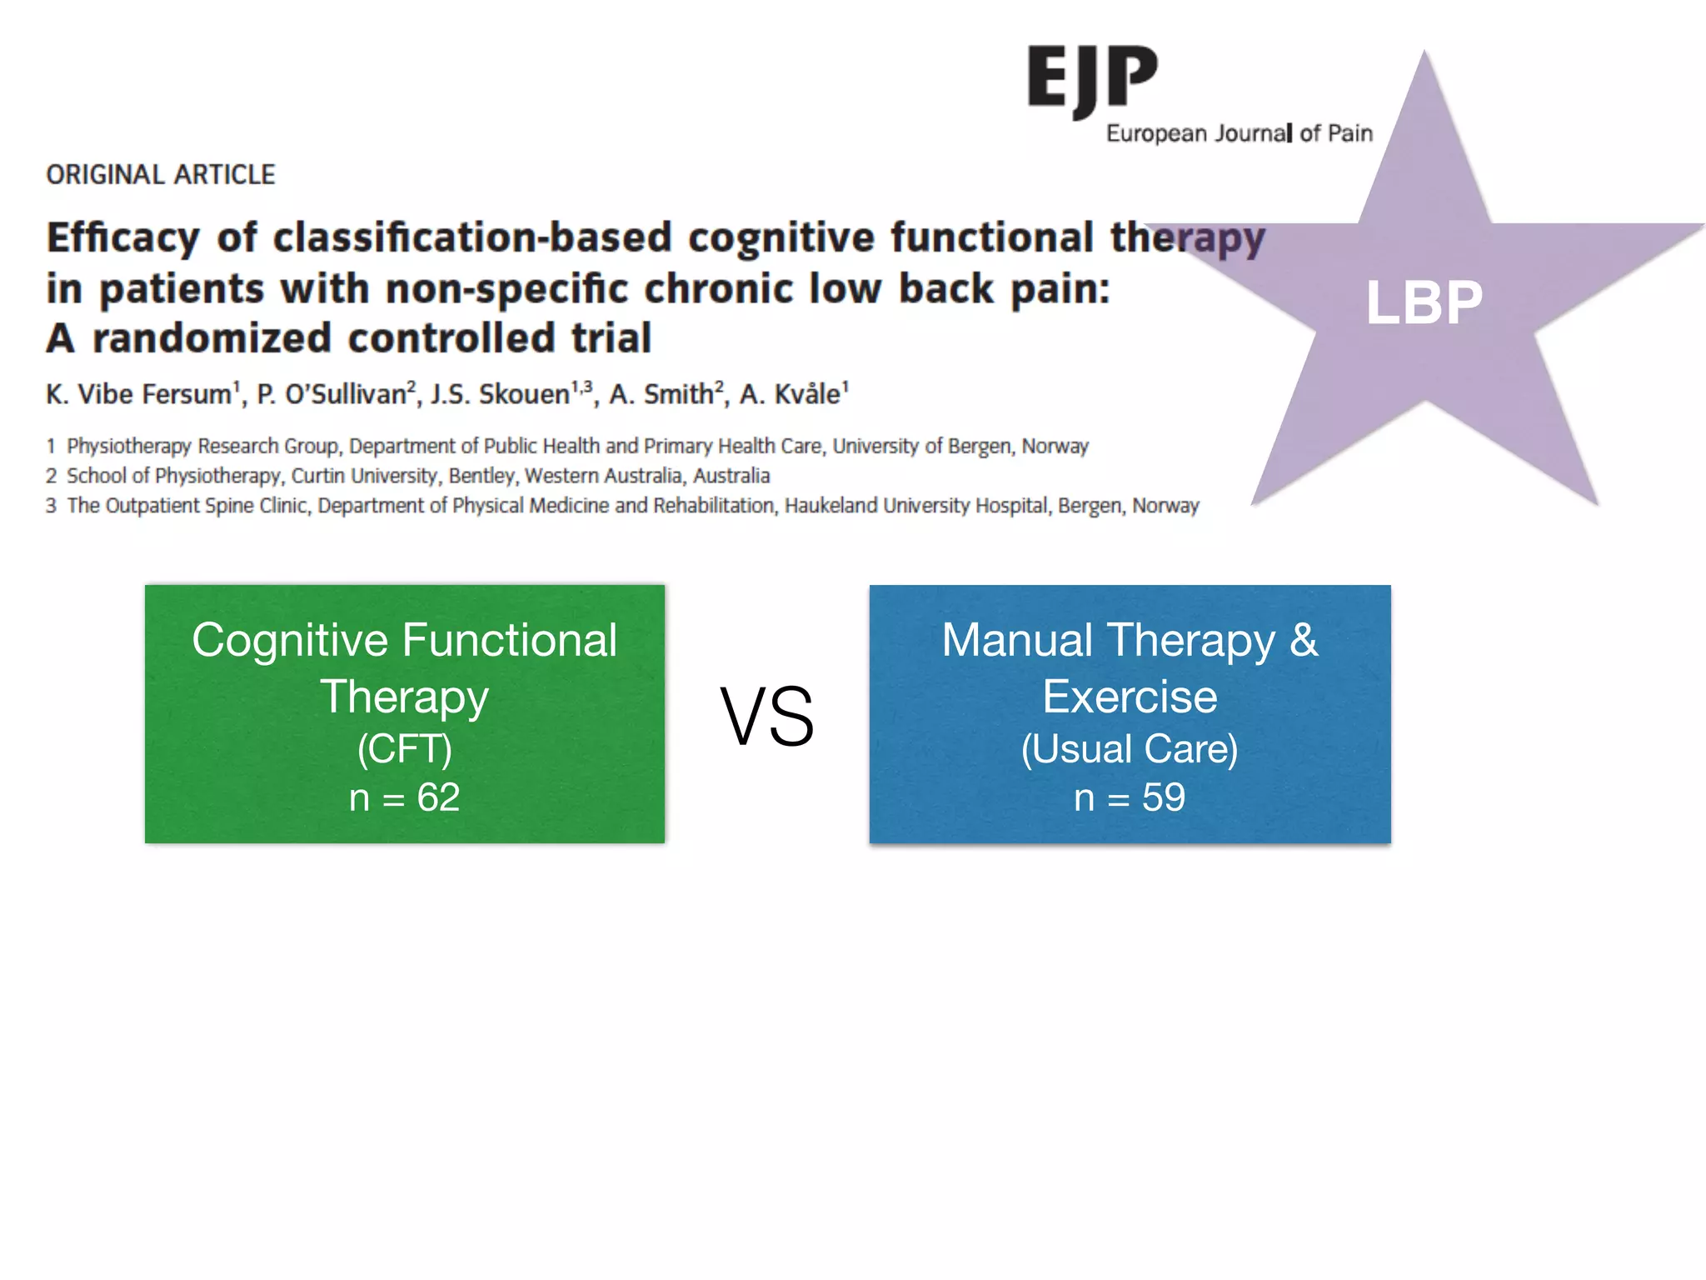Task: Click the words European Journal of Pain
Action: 1239,133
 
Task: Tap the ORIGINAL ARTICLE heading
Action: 160,175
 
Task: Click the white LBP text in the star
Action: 1424,302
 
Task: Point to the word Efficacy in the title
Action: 123,238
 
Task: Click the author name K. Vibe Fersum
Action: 138,394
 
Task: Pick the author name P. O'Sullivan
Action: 332,394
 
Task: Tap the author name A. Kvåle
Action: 790,394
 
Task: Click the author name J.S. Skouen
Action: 499,394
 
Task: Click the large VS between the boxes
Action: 766,717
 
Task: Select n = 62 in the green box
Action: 404,798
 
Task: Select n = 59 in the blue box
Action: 1129,798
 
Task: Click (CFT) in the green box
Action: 404,748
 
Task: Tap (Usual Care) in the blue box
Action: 1129,748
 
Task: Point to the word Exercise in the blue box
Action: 1129,697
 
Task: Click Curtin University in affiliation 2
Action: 364,476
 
